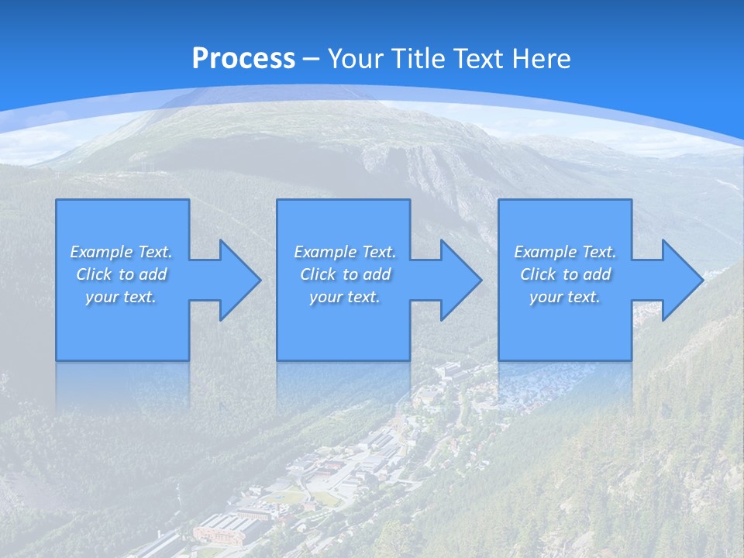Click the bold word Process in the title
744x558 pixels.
[243, 59]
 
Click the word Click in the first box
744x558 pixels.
[94, 274]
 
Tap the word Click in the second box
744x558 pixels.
[318, 274]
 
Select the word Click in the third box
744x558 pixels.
[538, 274]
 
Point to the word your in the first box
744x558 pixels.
[102, 297]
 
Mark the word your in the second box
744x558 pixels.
[325, 297]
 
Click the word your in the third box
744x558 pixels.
[546, 297]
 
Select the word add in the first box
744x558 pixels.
[153, 274]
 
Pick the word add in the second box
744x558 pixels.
[377, 274]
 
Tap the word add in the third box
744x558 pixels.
[597, 274]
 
